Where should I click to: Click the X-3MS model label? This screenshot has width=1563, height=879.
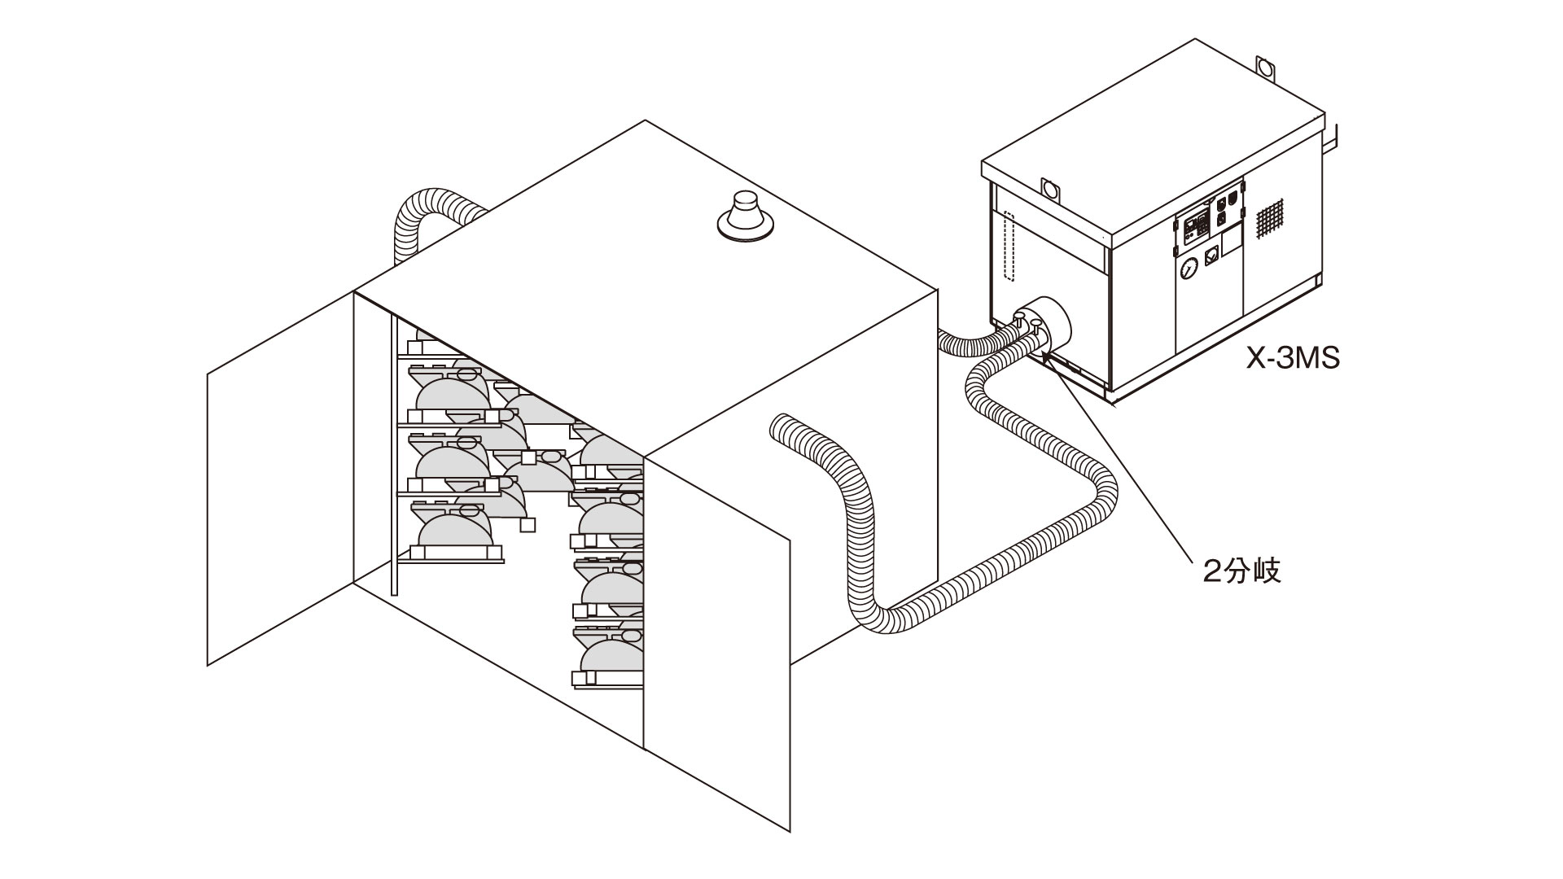tap(1293, 357)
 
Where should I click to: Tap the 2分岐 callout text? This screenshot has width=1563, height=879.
tap(1242, 571)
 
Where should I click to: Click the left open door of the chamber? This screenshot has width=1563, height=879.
tap(281, 479)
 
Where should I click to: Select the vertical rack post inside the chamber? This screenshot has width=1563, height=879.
tap(395, 456)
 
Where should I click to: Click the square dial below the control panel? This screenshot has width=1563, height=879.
tap(1211, 254)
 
